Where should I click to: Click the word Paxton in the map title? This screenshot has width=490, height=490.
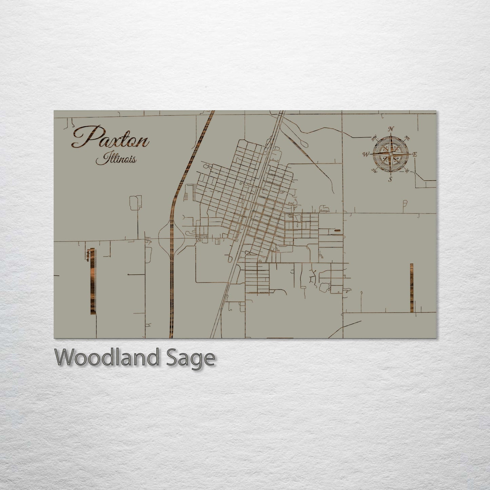110,137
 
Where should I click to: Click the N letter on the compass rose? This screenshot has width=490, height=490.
391,129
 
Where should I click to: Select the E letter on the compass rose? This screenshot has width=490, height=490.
415,155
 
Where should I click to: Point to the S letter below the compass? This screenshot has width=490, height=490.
391,179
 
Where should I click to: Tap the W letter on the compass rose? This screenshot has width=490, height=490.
366,155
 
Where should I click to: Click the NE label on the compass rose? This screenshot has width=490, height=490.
408,138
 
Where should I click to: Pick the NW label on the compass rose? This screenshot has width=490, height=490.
374,138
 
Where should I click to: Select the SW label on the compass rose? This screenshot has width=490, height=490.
374,170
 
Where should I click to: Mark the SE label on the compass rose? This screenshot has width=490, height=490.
407,171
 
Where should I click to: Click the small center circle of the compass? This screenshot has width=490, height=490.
391,154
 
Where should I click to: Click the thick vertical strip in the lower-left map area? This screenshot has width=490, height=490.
92,281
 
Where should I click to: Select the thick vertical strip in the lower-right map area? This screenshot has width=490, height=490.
411,288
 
